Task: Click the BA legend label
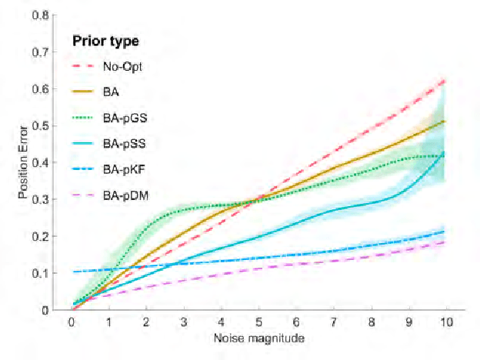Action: (x=110, y=92)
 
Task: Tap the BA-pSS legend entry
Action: (x=121, y=145)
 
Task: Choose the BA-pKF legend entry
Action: (x=121, y=171)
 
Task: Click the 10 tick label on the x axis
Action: (x=445, y=324)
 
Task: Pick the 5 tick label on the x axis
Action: (x=258, y=324)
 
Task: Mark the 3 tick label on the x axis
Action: (x=183, y=324)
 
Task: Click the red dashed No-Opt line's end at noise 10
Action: (x=445, y=80)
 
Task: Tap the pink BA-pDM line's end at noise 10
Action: (x=445, y=242)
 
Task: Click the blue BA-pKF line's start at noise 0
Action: (x=72, y=272)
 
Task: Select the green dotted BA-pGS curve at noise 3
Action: (x=183, y=208)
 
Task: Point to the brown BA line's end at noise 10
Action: (x=445, y=121)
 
